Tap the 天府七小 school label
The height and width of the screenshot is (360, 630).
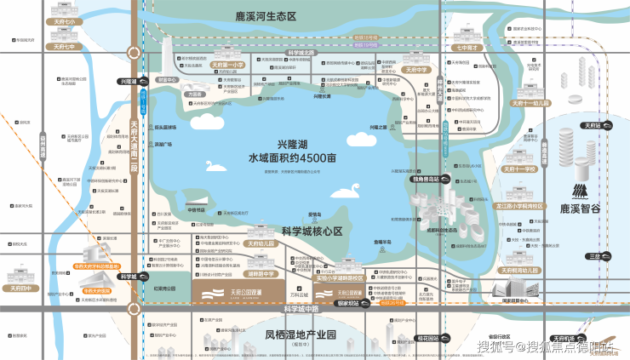[64, 20]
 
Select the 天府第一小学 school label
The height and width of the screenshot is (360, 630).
[227, 64]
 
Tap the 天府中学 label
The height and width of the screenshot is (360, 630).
[418, 70]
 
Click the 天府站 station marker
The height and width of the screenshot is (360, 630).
[591, 125]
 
